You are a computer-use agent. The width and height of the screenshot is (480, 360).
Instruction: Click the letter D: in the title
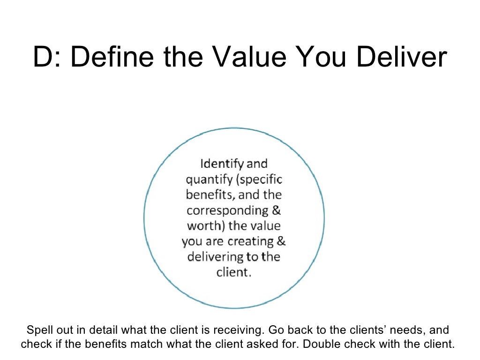pyautogui.click(x=46, y=58)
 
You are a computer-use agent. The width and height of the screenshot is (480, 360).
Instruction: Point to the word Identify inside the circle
pyautogui.click(x=222, y=165)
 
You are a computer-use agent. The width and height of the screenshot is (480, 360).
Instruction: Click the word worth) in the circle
pyautogui.click(x=206, y=226)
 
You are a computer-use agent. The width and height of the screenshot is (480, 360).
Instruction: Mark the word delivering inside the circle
pyautogui.click(x=216, y=257)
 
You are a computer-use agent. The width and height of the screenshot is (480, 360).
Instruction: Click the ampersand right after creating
pyautogui.click(x=281, y=242)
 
